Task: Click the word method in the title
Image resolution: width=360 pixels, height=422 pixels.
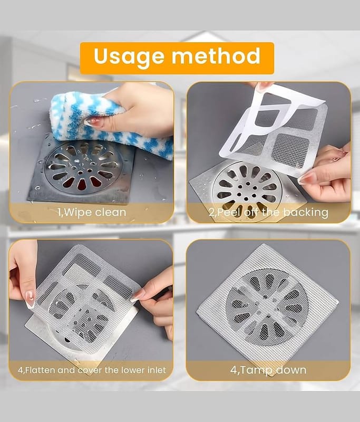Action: coord(216,56)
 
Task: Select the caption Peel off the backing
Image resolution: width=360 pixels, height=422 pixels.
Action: coord(269,213)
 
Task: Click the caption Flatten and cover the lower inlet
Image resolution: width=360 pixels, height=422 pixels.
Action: coord(92,370)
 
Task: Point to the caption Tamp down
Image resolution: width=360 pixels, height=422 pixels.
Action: coord(268,370)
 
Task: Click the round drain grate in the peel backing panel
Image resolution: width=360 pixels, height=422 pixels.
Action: coord(247,190)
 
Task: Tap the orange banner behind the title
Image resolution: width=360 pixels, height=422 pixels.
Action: coord(177,58)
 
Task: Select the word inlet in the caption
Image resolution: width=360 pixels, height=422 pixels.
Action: coord(157,370)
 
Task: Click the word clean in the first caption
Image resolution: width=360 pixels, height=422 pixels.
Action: coord(111,213)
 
